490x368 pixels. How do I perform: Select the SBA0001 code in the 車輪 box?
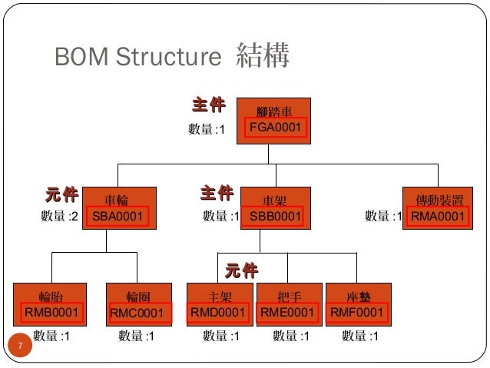(x=118, y=217)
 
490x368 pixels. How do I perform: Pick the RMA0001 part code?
(x=438, y=217)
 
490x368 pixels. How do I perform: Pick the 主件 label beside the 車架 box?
(x=216, y=192)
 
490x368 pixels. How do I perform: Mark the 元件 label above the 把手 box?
(x=240, y=270)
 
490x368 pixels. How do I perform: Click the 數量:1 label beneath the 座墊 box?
(x=359, y=337)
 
